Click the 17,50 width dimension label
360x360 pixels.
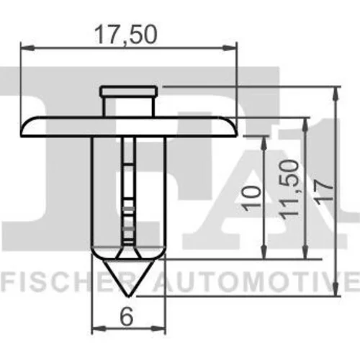pos(126,35)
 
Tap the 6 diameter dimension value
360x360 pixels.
pos(127,316)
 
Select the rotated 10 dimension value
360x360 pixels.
pos(252,198)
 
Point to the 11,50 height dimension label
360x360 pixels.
pos(289,189)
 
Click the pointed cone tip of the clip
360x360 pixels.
pos(129,296)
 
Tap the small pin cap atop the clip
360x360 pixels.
pos(129,91)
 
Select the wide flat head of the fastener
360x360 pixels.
pos(129,127)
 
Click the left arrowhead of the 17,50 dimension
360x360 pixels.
pos(27,48)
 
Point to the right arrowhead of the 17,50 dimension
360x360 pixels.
pos(230,48)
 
